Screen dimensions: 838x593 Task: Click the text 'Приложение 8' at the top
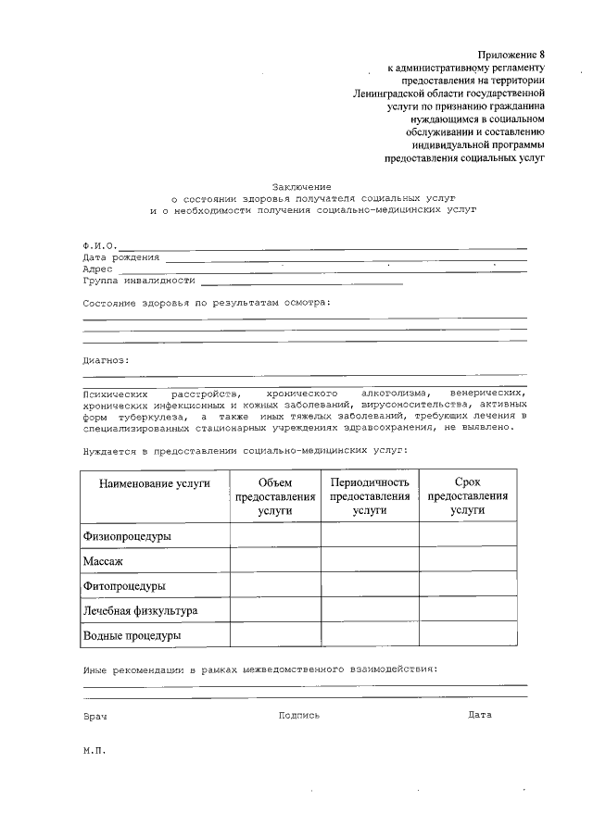511,56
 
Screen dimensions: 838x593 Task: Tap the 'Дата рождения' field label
120,256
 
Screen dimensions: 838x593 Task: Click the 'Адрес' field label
97,269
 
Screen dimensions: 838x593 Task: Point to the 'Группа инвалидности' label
138,280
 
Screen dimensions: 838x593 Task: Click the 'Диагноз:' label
106,361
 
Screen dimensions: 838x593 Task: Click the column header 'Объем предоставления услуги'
275,495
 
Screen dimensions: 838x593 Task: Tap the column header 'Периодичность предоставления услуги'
370,495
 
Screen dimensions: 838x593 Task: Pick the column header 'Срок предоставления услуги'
468,495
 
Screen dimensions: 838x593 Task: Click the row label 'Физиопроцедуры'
127,536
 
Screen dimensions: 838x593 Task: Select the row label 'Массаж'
103,561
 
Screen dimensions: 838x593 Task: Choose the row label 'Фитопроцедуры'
124,586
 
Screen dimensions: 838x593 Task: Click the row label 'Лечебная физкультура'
140,611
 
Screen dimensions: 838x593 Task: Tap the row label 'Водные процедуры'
132,636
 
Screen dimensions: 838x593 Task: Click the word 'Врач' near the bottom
95,717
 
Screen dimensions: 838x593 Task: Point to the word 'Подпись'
298,715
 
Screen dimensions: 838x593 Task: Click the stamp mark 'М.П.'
95,751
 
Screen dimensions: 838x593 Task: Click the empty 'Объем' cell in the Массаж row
275,560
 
